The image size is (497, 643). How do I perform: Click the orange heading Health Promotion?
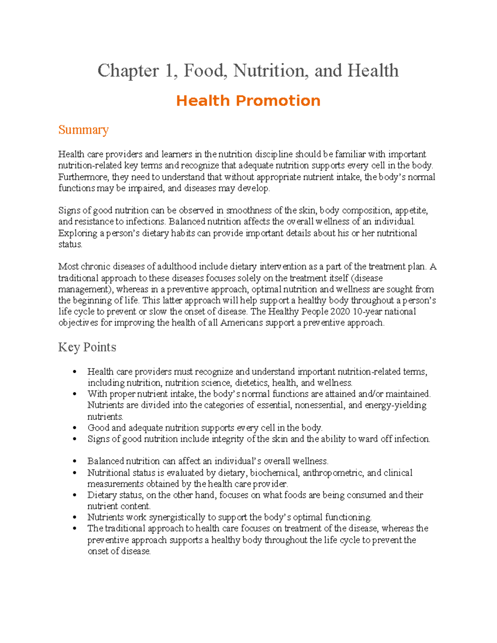click(248, 101)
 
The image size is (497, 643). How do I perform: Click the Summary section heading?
click(83, 130)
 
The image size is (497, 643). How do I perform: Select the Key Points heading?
click(87, 347)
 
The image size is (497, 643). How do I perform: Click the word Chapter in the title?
click(128, 71)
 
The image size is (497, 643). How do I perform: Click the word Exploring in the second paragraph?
click(77, 233)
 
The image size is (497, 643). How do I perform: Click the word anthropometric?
click(333, 473)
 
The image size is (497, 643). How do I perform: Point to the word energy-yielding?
click(395, 405)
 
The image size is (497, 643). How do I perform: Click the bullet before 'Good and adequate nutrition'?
click(75, 428)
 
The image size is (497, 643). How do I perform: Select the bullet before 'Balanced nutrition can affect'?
click(75, 461)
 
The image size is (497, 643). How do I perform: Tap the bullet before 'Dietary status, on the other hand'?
click(75, 495)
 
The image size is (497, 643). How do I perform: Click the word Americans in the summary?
click(241, 323)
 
